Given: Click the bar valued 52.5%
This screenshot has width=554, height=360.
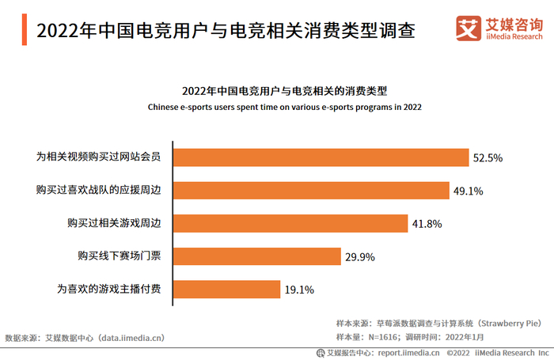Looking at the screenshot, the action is pos(321,157).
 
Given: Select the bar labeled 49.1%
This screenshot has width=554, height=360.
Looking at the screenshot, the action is pos(311,191).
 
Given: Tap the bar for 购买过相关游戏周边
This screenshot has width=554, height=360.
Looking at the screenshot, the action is pos(290,223).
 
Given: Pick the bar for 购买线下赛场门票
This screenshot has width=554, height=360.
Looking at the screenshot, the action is pos(257,256).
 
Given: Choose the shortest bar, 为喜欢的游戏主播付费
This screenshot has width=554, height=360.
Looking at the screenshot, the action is pos(226,290).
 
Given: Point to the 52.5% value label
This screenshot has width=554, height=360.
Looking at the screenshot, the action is pos(488,158).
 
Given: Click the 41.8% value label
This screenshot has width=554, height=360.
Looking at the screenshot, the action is pos(427,224).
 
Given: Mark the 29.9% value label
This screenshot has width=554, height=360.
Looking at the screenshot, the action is pos(359,257).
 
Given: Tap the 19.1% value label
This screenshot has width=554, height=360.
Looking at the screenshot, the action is pos(299,290).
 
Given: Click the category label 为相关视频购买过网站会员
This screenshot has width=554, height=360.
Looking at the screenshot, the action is pos(98,157).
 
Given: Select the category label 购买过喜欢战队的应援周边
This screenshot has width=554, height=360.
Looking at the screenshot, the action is pos(98,190).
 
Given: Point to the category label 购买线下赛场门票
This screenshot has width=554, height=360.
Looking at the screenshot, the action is pos(119,256).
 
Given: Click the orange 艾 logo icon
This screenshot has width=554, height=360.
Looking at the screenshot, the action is pos(469,28).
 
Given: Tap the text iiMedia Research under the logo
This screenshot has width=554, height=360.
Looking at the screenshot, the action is pos(514,36).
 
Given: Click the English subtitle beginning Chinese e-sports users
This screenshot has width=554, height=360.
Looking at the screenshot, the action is pos(284,107).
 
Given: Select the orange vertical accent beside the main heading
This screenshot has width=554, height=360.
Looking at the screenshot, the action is pos(25,30).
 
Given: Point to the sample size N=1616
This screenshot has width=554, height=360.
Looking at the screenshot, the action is pos(382,337).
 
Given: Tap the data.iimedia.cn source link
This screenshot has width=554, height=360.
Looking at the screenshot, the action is pos(130,338).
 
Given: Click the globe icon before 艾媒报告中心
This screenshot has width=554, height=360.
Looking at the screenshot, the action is pos(321,353).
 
